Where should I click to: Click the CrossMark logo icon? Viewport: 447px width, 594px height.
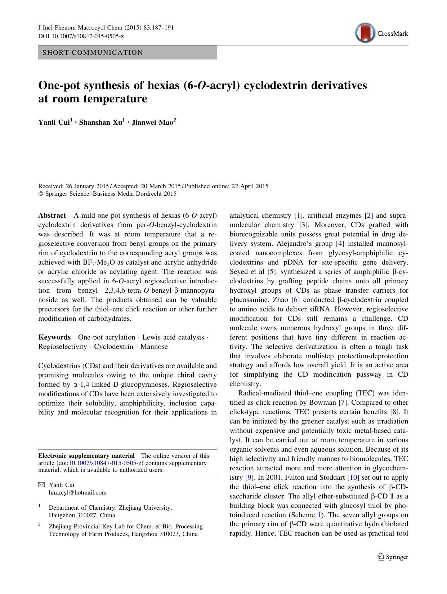click(x=365, y=33)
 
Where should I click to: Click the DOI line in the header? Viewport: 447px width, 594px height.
click(x=81, y=36)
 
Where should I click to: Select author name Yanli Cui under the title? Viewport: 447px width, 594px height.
click(x=54, y=123)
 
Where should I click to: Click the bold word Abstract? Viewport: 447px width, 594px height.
click(x=52, y=216)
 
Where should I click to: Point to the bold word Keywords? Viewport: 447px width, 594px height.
click(x=54, y=337)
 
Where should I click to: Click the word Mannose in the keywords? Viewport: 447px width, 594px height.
click(x=154, y=347)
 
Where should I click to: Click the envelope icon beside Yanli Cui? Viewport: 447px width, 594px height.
click(x=41, y=485)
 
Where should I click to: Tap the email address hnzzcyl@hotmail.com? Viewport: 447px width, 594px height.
click(x=78, y=493)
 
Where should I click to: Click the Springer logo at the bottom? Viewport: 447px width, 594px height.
click(x=393, y=557)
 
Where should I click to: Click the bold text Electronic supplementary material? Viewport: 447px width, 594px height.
click(x=86, y=456)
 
